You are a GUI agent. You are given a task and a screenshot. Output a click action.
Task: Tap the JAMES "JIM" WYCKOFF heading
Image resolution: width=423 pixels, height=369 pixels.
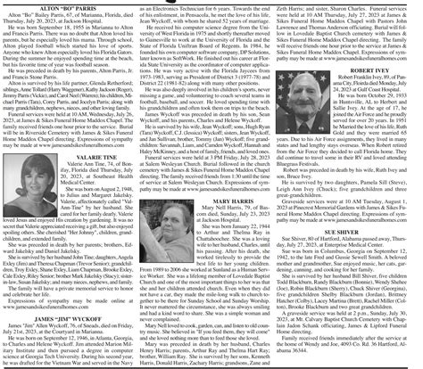point(70,317)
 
